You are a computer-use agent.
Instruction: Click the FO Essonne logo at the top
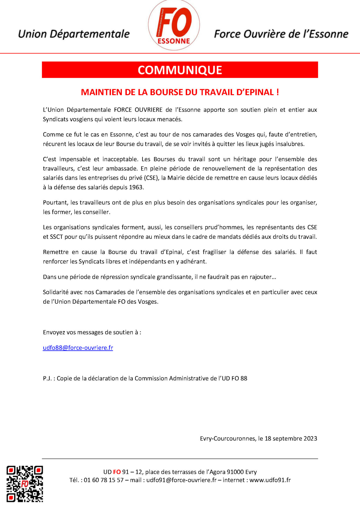pyautogui.click(x=174, y=25)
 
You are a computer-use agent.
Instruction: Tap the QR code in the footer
pyautogui.click(x=25, y=483)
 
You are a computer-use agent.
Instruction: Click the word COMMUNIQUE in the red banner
pyautogui.click(x=180, y=70)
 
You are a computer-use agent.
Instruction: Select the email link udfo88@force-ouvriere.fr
pyautogui.click(x=78, y=348)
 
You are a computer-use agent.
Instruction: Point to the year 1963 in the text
pyautogui.click(x=136, y=187)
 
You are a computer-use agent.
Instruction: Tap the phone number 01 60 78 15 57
pyautogui.click(x=104, y=480)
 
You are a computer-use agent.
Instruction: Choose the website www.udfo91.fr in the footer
pyautogui.click(x=270, y=480)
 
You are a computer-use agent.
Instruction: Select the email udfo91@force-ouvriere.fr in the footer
pyautogui.click(x=181, y=480)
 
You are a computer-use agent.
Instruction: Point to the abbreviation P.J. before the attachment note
pyautogui.click(x=47, y=379)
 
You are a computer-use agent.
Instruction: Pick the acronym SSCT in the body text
pyautogui.click(x=56, y=237)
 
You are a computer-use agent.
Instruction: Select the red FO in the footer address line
pyautogui.click(x=117, y=472)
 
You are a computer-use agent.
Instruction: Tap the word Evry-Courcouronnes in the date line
pyautogui.click(x=227, y=439)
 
